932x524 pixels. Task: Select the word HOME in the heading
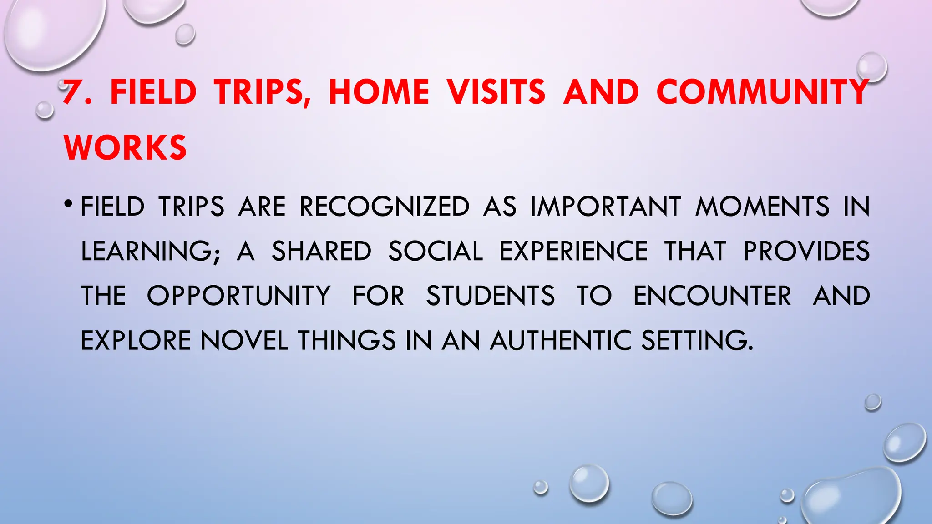coord(379,92)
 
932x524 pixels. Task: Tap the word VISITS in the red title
coord(496,92)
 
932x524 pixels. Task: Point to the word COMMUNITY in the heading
coord(763,92)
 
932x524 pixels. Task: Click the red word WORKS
coord(125,148)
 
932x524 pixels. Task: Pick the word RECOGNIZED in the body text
coord(384,207)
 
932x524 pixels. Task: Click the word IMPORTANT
coord(606,207)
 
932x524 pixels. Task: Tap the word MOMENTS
coord(762,207)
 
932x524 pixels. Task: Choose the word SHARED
coord(321,251)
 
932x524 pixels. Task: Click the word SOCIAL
coord(435,251)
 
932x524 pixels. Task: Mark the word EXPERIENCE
coord(573,251)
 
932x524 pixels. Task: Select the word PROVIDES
coord(806,251)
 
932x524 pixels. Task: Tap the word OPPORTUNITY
coord(238,296)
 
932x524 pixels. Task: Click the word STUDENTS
coord(490,296)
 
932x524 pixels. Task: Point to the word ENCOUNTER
coord(712,296)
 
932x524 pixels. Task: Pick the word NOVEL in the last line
coord(244,340)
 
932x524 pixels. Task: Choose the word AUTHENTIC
coord(561,340)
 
